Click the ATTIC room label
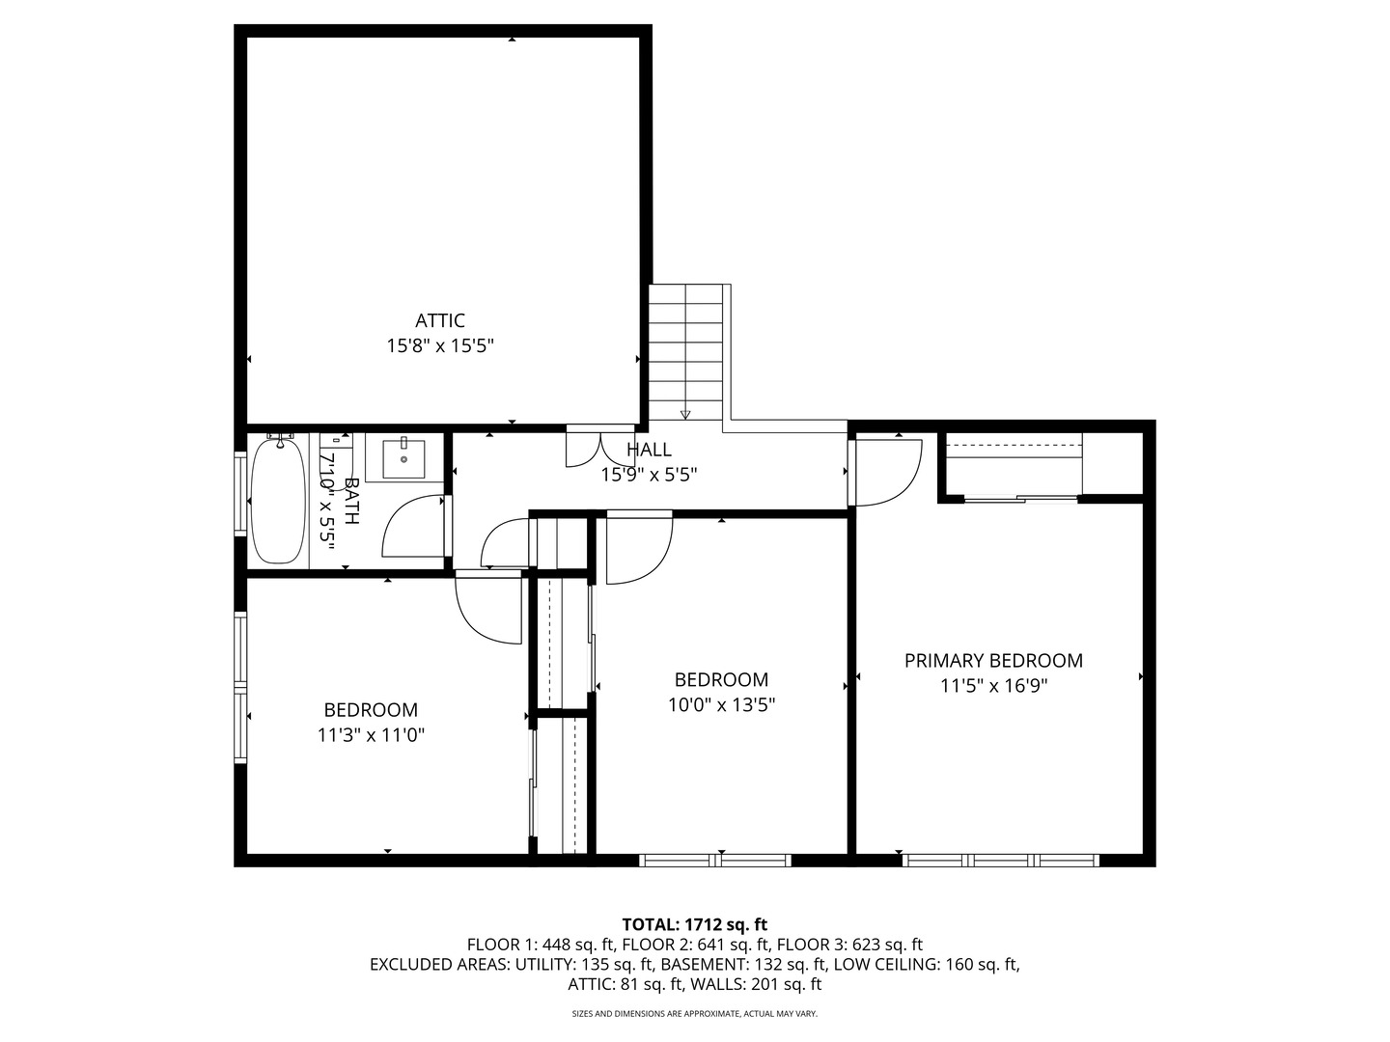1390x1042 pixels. tap(439, 320)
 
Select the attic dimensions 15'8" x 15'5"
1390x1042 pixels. tap(440, 346)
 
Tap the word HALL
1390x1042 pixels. tap(649, 450)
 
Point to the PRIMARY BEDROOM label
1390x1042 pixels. tap(993, 661)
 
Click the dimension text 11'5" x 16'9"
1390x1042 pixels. tap(993, 686)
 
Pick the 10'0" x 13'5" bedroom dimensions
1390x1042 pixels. tap(721, 704)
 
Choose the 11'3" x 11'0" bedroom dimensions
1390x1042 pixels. tap(371, 735)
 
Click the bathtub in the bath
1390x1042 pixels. tap(279, 501)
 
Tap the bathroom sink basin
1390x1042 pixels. tap(403, 458)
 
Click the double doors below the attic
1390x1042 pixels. tap(600, 448)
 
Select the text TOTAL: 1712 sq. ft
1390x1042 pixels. tap(695, 924)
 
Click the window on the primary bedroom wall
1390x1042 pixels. tap(1001, 861)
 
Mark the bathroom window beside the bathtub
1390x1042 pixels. tap(240, 494)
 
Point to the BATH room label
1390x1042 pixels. tap(350, 501)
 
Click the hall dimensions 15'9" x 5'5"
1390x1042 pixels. tap(649, 475)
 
